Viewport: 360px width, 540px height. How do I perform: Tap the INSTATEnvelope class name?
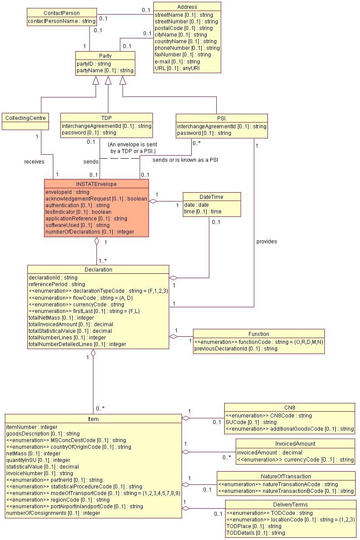[x=96, y=184]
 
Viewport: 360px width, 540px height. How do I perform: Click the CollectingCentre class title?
[x=25, y=118]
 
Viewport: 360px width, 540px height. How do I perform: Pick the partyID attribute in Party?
[x=88, y=64]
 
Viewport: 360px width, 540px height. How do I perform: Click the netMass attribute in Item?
[x=33, y=454]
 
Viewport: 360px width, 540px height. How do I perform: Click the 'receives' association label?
[x=34, y=162]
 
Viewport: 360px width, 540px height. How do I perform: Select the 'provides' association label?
[x=267, y=242]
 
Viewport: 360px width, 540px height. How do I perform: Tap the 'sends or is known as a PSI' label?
[x=185, y=160]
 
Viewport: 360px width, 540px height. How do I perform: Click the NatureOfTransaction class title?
[x=286, y=476]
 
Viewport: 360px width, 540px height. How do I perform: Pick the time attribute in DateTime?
[x=203, y=212]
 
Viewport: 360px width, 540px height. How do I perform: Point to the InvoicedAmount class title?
[x=295, y=444]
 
